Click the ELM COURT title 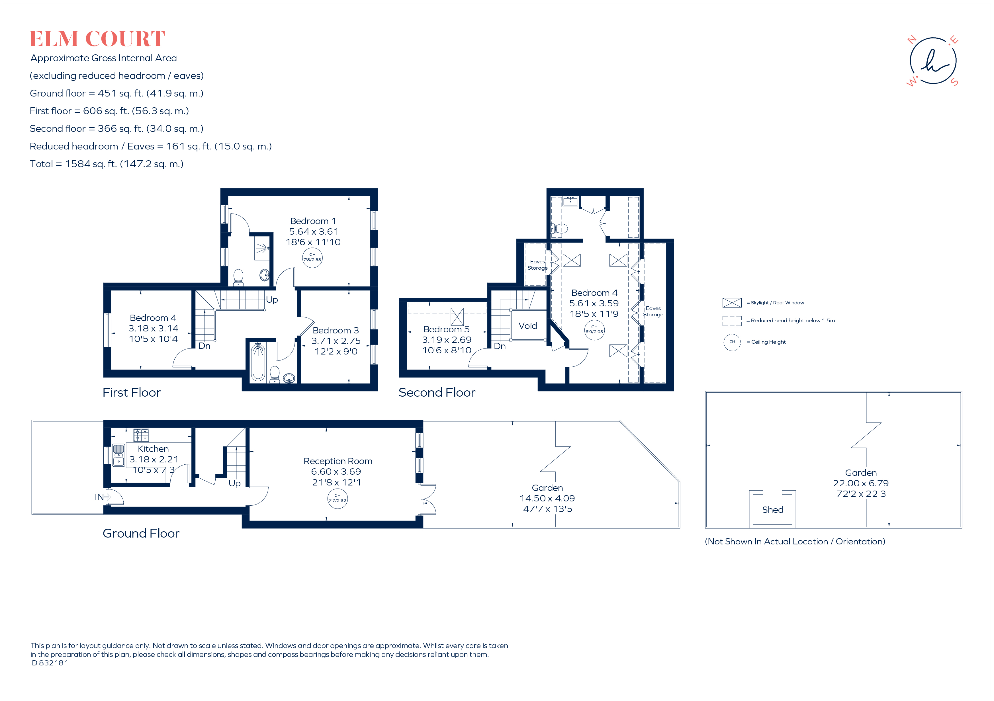pyautogui.click(x=97, y=39)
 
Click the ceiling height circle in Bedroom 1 pyautogui.click(x=312, y=258)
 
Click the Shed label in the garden pyautogui.click(x=772, y=510)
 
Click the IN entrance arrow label pyautogui.click(x=100, y=497)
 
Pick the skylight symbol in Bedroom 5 pyautogui.click(x=457, y=316)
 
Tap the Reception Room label pyautogui.click(x=338, y=461)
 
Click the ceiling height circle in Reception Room pyautogui.click(x=337, y=499)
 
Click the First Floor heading pyautogui.click(x=132, y=392)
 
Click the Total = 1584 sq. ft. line pyautogui.click(x=107, y=164)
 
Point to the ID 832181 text pyautogui.click(x=49, y=663)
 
